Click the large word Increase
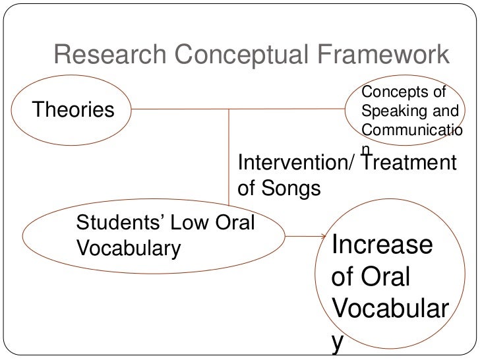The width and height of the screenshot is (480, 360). tap(382, 246)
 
